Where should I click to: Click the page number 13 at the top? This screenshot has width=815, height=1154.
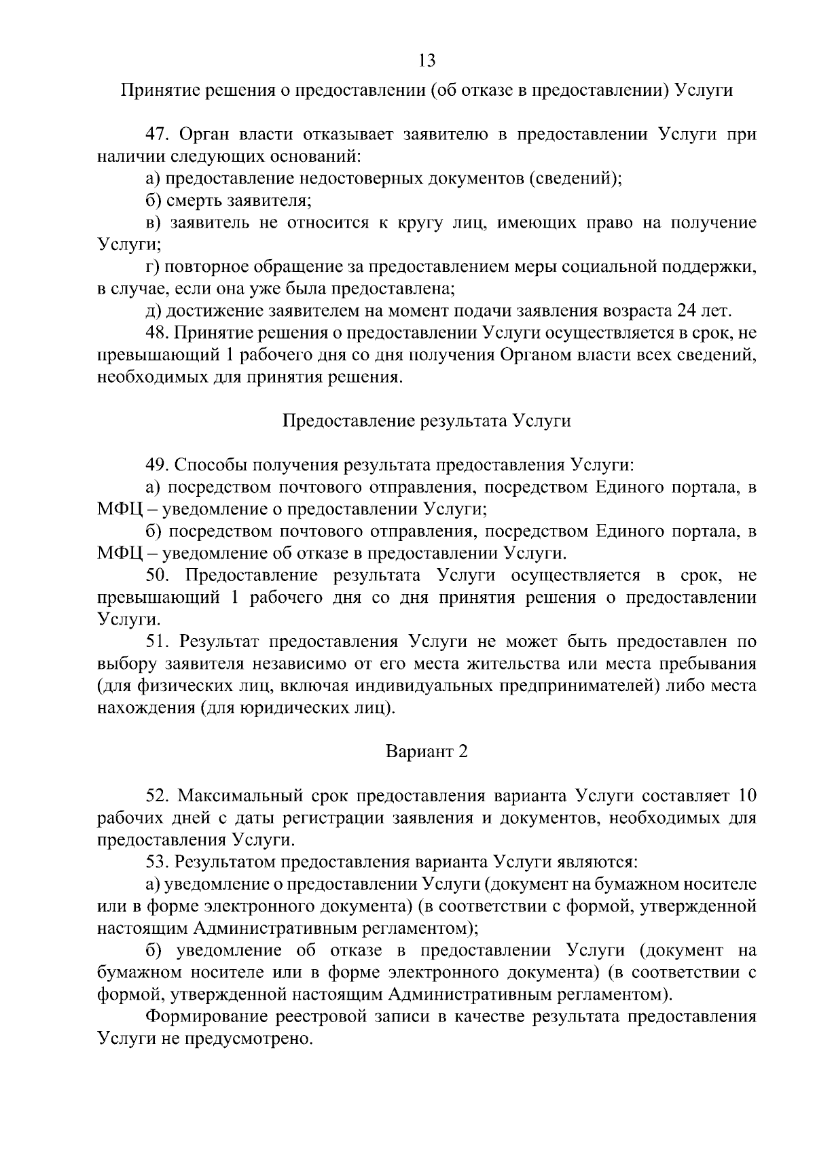[427, 60]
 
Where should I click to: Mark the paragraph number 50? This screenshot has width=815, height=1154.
[158, 576]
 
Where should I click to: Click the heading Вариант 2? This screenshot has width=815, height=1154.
[427, 752]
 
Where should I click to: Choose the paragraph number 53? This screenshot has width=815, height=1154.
[158, 862]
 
